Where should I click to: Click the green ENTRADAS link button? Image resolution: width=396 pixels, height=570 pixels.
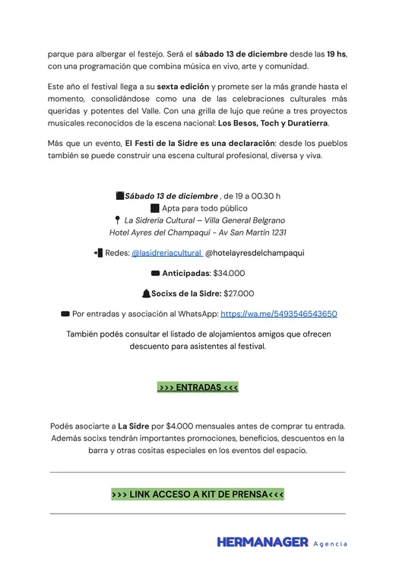tap(198, 388)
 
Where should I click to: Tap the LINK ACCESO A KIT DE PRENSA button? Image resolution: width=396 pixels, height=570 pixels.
tap(198, 495)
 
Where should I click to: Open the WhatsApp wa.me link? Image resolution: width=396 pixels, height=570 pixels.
tap(279, 313)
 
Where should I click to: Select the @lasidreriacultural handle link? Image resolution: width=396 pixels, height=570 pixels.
tap(166, 253)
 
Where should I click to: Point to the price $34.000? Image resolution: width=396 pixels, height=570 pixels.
tap(229, 273)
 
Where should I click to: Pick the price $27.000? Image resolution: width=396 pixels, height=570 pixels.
tap(239, 293)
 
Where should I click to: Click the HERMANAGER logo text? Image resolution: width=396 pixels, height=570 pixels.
tap(262, 543)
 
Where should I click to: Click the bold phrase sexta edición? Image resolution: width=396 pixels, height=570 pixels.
tap(182, 87)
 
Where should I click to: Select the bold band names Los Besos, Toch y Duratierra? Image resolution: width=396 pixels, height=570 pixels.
tap(274, 123)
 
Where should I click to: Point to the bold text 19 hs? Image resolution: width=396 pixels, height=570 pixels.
tap(336, 55)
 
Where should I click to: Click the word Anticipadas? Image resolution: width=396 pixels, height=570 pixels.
tap(185, 273)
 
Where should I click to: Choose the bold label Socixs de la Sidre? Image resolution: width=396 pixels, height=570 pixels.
tap(186, 293)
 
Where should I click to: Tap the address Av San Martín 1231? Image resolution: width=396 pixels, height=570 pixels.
tap(254, 233)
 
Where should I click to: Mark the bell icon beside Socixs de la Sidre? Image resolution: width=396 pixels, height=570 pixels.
tap(146, 293)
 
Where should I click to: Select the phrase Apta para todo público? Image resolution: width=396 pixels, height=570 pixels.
tap(204, 208)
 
